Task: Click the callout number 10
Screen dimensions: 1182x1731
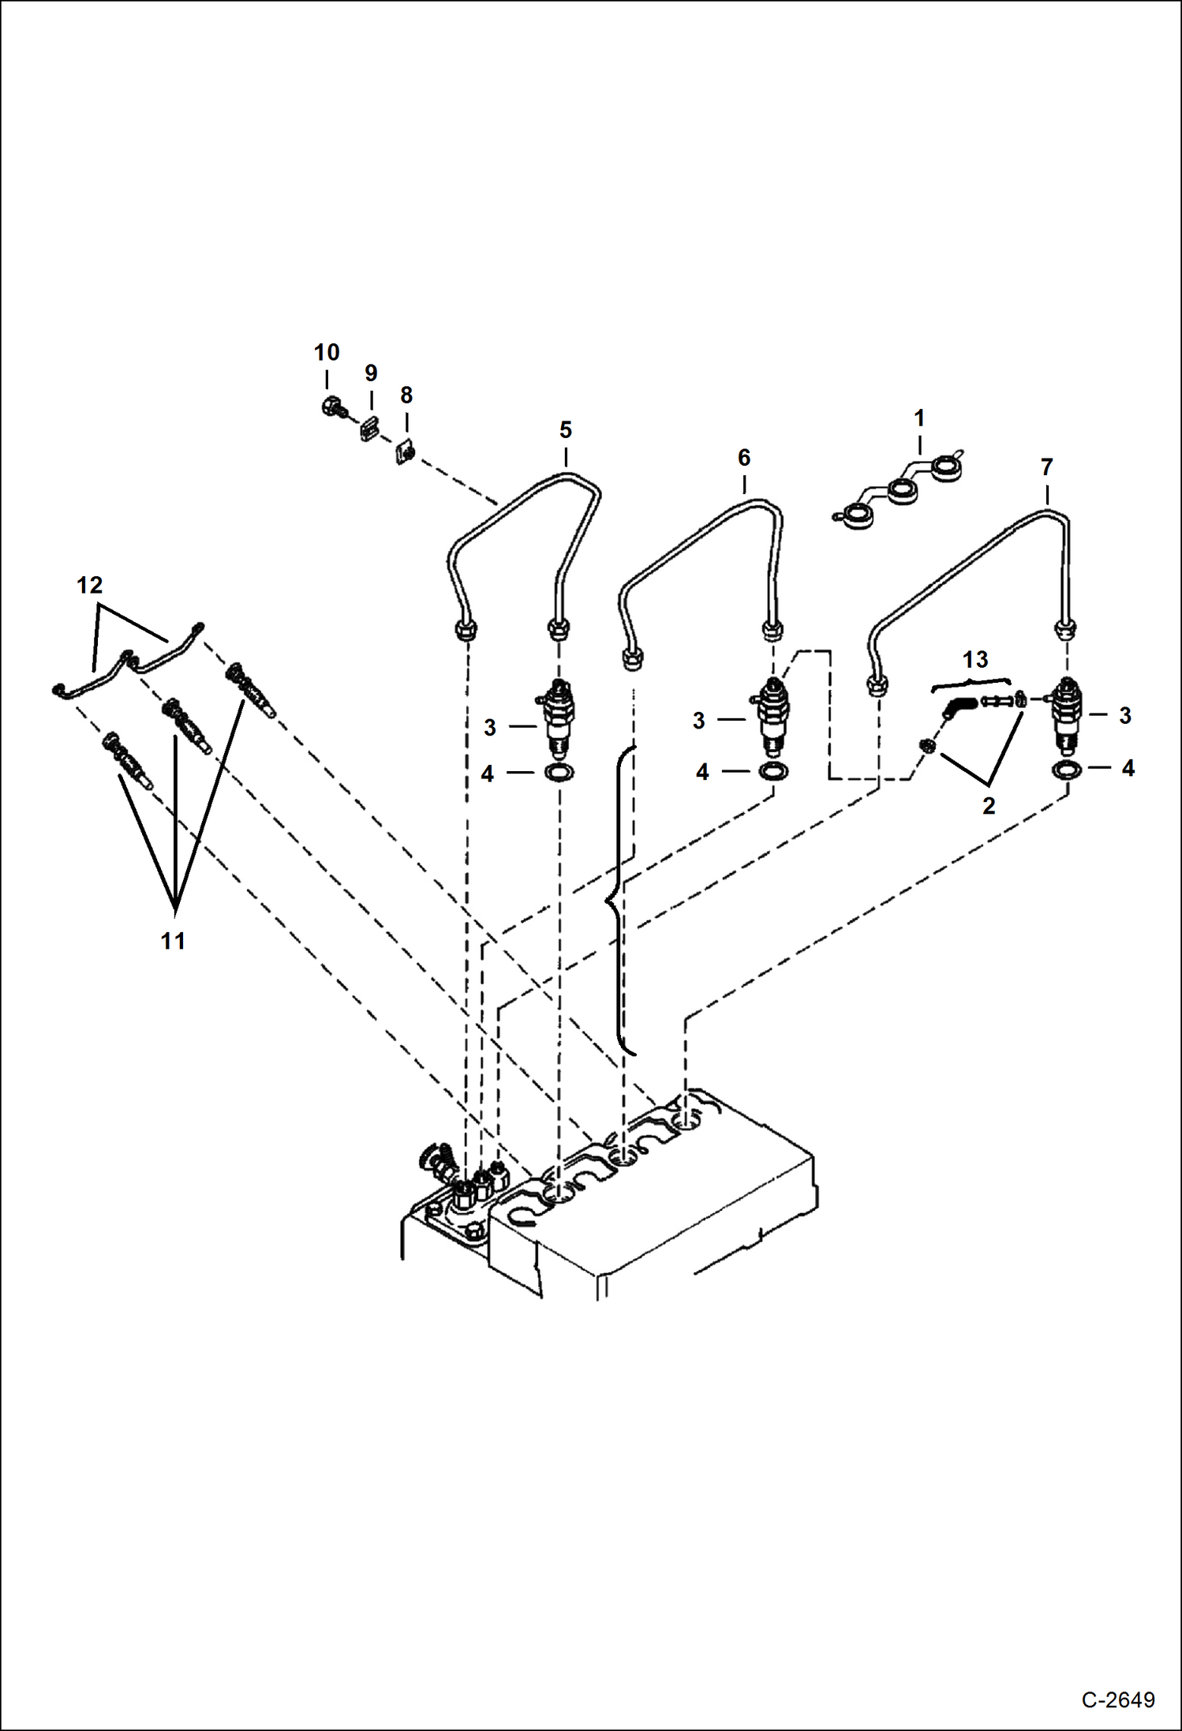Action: click(327, 352)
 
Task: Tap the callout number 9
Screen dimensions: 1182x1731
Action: click(371, 373)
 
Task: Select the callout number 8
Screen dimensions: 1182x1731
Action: click(406, 395)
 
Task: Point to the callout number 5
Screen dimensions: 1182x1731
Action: click(566, 430)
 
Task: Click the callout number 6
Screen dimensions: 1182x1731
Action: click(744, 458)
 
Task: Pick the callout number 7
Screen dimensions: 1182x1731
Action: click(1047, 467)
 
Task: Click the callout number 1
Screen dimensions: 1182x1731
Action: click(919, 418)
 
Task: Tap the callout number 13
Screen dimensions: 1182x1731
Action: click(975, 659)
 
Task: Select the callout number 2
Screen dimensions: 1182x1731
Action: click(989, 806)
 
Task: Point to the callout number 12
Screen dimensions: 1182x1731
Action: click(90, 585)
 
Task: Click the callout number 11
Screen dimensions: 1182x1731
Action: click(173, 941)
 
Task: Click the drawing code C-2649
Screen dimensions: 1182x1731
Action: click(1118, 1699)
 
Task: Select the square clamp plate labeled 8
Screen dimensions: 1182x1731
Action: click(406, 452)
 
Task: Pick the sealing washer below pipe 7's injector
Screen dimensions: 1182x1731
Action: click(1066, 770)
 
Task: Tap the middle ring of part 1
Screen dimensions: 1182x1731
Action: click(903, 493)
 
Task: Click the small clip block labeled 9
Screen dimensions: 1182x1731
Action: click(368, 430)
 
